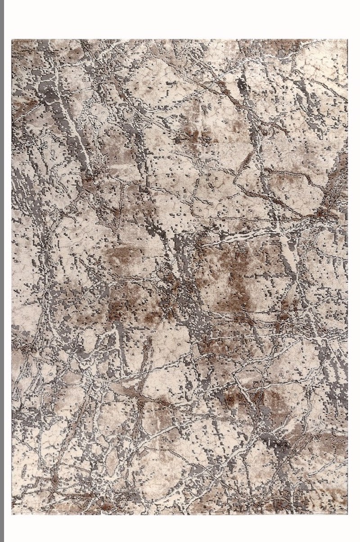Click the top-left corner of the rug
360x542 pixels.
(x=12, y=40)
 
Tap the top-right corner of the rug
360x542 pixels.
(x=347, y=40)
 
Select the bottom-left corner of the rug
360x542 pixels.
(x=12, y=514)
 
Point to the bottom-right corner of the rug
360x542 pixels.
(x=347, y=514)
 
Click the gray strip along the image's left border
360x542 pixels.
(x=2, y=270)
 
